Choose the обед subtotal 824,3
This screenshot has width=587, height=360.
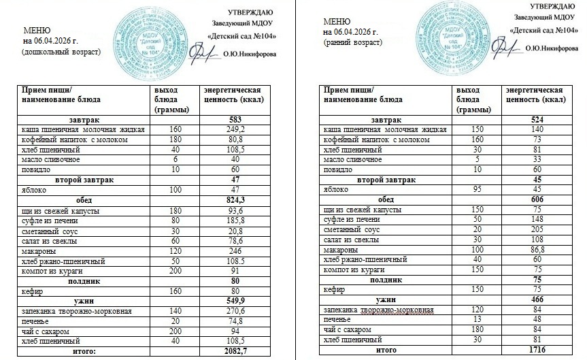[x=234, y=201]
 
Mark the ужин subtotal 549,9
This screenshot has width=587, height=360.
[x=233, y=301]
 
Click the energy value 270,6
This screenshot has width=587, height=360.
[x=234, y=311]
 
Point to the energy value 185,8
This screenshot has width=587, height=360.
[x=234, y=221]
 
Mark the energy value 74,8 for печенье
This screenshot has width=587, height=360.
[x=234, y=321]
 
